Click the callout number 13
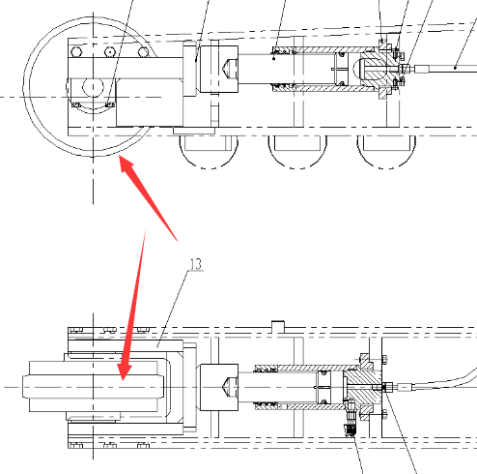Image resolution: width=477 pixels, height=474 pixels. point(196,264)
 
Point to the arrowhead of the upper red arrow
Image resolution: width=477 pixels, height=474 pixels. point(126,164)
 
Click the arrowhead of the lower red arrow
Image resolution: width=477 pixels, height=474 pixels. point(124,371)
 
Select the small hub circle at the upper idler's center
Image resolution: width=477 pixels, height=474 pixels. point(93,86)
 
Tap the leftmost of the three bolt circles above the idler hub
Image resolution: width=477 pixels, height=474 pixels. point(76,51)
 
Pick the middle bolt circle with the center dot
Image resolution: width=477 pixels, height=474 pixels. point(110,51)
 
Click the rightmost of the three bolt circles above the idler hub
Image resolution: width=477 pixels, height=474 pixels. point(144,51)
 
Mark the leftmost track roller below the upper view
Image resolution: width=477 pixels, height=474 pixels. point(209,152)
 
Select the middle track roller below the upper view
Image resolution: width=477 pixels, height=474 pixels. point(297,152)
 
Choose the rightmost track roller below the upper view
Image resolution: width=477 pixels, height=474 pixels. point(386,152)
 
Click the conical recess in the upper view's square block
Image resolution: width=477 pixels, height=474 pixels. point(229,69)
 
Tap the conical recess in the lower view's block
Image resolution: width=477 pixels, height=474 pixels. point(229,387)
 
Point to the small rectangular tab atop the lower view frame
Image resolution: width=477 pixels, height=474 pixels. point(278,326)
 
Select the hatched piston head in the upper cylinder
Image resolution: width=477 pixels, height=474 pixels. point(375,70)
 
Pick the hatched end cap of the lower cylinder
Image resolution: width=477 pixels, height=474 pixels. point(361,387)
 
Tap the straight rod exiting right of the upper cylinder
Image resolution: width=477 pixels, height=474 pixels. point(445,69)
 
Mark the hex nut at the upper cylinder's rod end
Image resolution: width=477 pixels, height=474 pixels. point(405,69)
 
